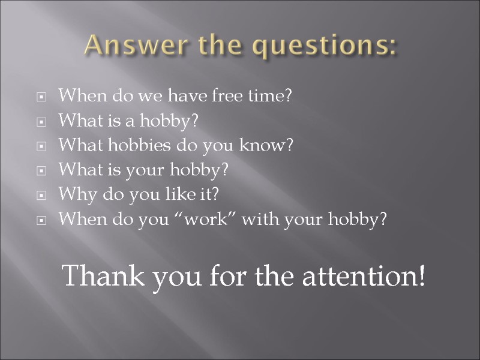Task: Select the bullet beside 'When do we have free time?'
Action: tap(42, 96)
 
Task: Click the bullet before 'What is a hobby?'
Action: tap(42, 122)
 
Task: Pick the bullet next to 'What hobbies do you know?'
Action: tap(42, 146)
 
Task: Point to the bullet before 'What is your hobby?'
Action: tap(42, 171)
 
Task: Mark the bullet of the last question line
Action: tap(42, 221)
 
